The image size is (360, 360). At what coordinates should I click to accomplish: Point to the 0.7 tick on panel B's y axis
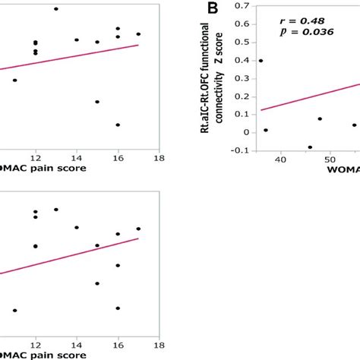pos(242,7)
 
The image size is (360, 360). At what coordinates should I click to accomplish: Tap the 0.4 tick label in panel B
pos(242,61)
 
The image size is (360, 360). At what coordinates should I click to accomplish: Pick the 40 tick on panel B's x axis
pos(280,160)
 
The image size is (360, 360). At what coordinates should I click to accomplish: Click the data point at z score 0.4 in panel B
pos(261,61)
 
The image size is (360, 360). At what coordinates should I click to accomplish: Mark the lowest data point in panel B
pos(310,147)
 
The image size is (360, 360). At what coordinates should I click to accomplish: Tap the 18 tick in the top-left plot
pos(158,159)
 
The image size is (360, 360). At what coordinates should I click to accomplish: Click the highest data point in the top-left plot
pos(56,8)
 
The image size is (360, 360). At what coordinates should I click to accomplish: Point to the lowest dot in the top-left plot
pos(118,125)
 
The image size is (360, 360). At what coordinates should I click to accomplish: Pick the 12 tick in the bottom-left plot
pos(36,343)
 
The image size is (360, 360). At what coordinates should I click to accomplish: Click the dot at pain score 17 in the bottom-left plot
pos(138,228)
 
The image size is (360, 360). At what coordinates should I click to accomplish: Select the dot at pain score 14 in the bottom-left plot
pos(77,227)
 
